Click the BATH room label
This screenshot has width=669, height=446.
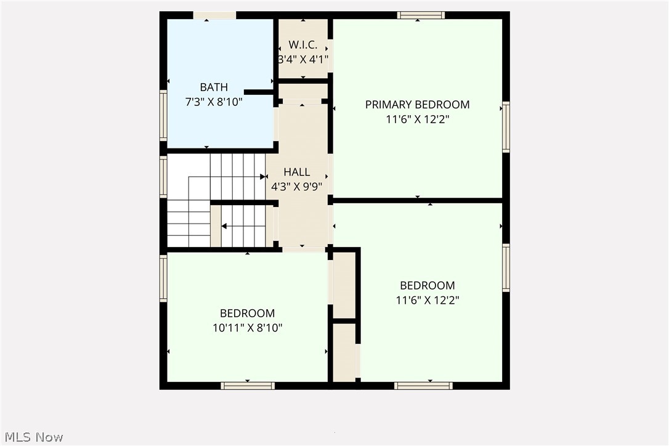pos(214,87)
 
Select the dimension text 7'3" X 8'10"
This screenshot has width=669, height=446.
pos(214,102)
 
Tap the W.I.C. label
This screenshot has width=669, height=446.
pos(303,45)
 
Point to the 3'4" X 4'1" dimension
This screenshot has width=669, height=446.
pos(303,60)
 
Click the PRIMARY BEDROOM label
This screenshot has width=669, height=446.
pos(417,105)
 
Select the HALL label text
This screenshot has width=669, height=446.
pos(296,172)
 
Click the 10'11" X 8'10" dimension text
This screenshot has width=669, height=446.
pos(247,328)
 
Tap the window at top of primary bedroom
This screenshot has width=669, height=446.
pos(421,15)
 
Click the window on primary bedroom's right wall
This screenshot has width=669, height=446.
pos(506,127)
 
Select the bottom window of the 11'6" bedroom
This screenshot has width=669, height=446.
pos(423,386)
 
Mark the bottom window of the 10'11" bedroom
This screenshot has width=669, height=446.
pos(248,386)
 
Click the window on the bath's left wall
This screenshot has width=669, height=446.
pos(163,115)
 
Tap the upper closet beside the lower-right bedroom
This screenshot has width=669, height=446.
pos(344,284)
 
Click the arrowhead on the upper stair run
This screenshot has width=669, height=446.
pos(263,177)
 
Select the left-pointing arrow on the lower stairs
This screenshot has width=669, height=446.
pos(224,226)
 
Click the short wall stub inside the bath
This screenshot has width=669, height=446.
pos(259,92)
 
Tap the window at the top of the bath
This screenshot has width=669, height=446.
pos(214,15)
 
